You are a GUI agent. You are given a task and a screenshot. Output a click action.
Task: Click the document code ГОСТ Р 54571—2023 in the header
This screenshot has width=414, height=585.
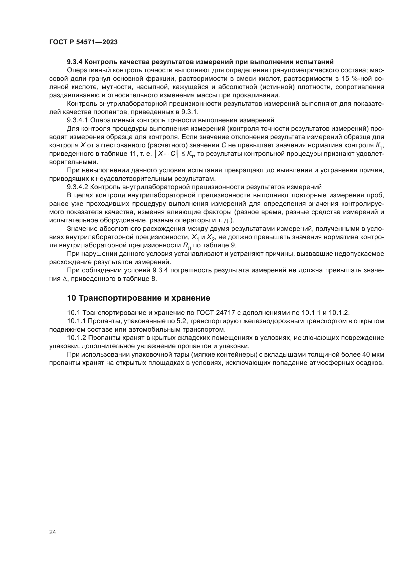(83, 42)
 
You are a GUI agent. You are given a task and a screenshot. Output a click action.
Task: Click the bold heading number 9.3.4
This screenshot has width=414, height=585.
(74, 62)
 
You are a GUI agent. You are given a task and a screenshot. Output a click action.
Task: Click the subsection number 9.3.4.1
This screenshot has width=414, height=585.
(77, 120)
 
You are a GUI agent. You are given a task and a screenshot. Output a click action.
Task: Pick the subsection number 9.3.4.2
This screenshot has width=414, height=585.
(77, 187)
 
